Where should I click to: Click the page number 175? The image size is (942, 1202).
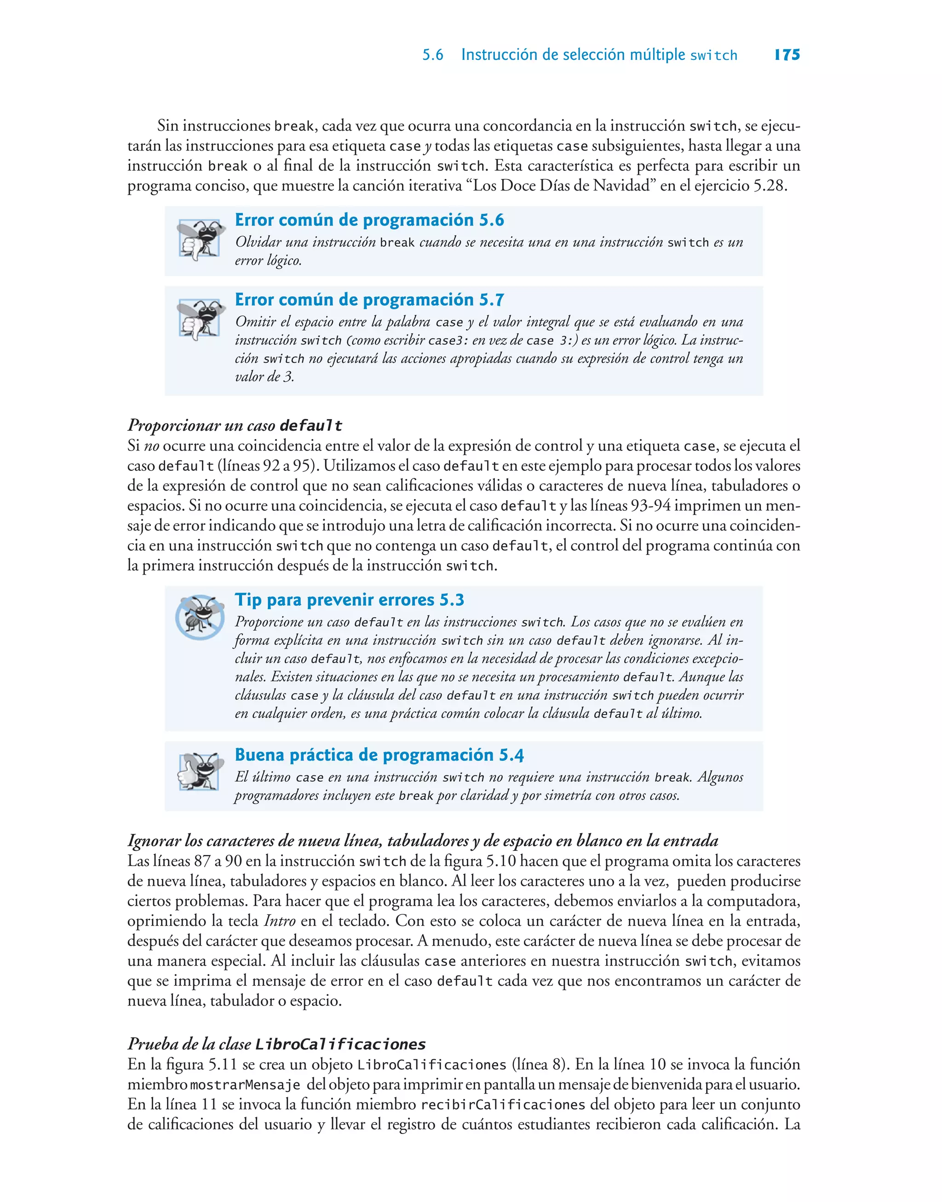pyautogui.click(x=787, y=55)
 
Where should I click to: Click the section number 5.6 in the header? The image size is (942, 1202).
pyautogui.click(x=432, y=55)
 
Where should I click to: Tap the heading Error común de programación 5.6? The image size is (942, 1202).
pyautogui.click(x=369, y=220)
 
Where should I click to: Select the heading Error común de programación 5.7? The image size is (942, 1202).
pyautogui.click(x=369, y=300)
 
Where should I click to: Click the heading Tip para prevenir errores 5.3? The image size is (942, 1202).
pyautogui.click(x=349, y=600)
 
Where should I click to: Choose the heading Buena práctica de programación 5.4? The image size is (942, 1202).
pyautogui.click(x=379, y=755)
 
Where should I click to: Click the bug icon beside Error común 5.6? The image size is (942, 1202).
pyautogui.click(x=200, y=239)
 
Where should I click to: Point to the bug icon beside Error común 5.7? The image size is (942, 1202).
pyautogui.click(x=200, y=319)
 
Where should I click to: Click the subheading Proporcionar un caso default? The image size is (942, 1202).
pyautogui.click(x=235, y=425)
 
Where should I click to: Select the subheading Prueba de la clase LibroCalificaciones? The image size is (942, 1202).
pyautogui.click(x=276, y=1044)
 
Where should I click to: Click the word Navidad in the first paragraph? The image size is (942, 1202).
pyautogui.click(x=621, y=186)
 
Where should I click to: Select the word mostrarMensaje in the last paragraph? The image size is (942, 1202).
pyautogui.click(x=245, y=1085)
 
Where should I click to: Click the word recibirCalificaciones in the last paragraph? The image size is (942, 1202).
pyautogui.click(x=502, y=1105)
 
